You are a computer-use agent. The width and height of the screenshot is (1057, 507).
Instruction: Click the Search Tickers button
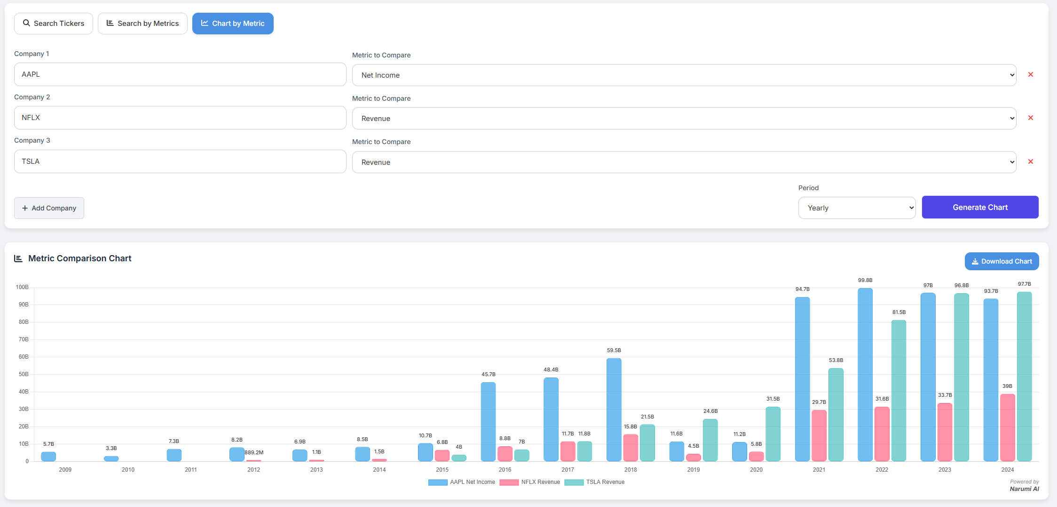(54, 24)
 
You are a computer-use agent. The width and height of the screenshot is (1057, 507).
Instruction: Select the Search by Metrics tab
(142, 24)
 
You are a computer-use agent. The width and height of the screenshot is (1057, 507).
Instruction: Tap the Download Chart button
(1002, 261)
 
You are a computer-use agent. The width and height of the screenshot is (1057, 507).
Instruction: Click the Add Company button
(49, 208)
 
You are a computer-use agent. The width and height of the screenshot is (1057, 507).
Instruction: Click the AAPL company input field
(180, 74)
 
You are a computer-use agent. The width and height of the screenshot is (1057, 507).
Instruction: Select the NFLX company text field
(180, 118)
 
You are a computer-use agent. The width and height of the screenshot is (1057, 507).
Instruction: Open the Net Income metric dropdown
(684, 75)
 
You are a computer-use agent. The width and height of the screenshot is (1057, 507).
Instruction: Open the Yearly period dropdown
(856, 208)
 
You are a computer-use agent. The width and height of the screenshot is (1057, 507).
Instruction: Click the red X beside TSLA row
(1030, 161)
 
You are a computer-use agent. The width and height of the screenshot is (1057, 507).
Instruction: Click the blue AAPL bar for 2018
(614, 410)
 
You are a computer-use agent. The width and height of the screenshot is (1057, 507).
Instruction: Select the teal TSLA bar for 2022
(899, 391)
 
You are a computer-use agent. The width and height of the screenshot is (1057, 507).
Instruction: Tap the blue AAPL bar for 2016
(488, 421)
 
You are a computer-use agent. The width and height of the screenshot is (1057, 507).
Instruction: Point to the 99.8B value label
(865, 280)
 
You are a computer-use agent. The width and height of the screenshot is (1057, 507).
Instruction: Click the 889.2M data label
(254, 452)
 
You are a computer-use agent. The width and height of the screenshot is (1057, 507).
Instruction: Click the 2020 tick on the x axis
(756, 470)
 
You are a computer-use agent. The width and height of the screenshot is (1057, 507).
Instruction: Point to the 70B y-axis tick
(24, 339)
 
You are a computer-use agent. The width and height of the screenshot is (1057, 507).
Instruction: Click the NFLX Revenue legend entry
(530, 482)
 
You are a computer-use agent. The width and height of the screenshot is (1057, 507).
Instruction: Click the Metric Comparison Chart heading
(79, 258)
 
